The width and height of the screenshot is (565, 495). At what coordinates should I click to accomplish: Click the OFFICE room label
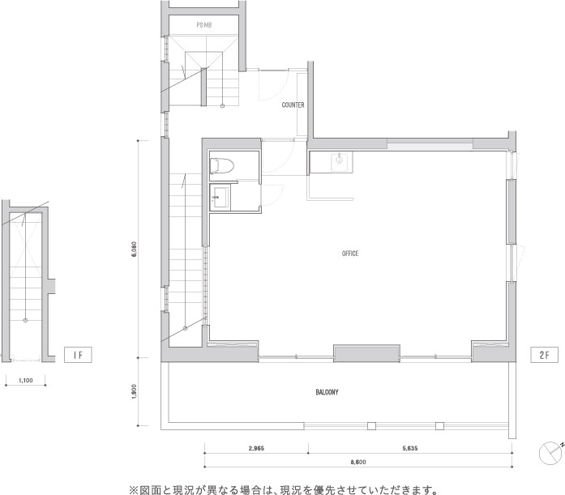(x=350, y=254)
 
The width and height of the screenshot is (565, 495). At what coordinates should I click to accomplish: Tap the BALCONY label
(x=327, y=392)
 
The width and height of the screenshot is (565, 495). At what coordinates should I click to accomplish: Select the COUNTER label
(x=293, y=105)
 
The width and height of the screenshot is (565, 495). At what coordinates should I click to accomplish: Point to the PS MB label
(x=203, y=26)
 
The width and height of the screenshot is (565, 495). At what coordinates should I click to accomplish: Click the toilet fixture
(x=221, y=165)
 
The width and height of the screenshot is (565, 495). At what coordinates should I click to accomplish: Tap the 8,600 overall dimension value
(x=358, y=461)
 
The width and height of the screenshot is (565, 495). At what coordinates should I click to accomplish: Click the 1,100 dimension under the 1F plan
(x=26, y=379)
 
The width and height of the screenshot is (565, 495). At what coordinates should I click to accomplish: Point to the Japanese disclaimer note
(x=283, y=489)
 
